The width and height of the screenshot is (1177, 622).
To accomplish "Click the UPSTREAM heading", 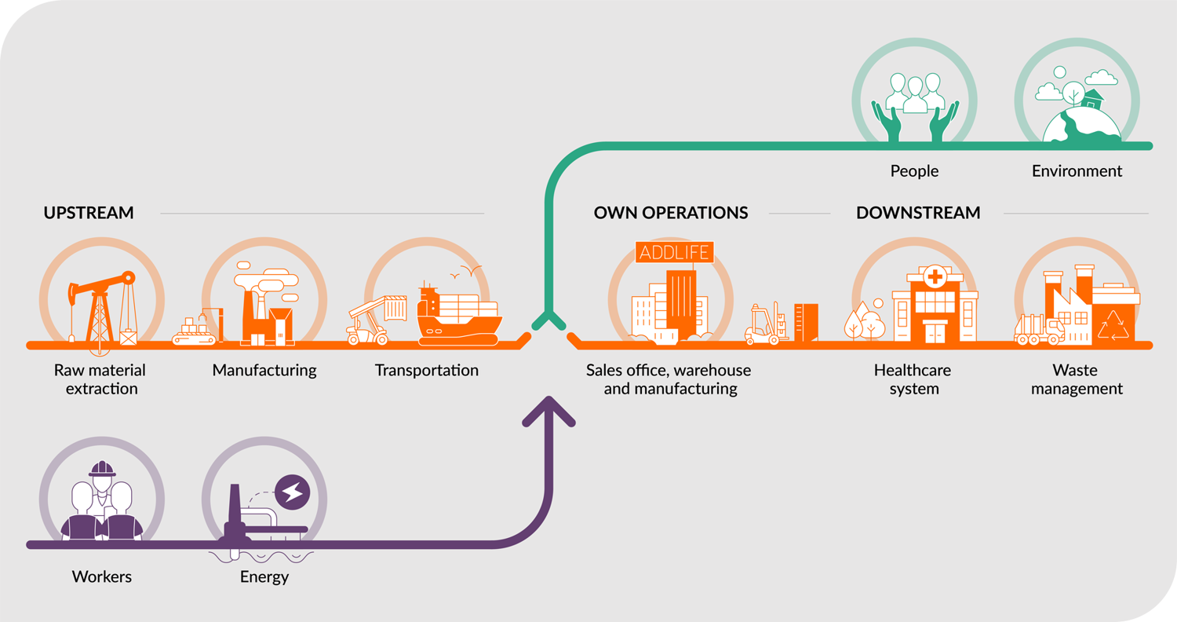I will coord(89,213).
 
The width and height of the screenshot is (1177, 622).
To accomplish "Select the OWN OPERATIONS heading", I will coord(671,213).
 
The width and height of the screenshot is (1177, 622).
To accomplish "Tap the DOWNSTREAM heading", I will coord(918,213).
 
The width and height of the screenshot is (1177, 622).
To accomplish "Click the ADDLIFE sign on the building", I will coord(675,252).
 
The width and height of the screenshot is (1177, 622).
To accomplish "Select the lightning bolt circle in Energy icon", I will coord(293,492).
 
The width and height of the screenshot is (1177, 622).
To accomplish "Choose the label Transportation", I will coord(427,370).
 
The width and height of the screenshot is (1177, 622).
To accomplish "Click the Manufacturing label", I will coord(264,370).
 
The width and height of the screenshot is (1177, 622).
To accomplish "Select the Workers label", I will coord(102,577).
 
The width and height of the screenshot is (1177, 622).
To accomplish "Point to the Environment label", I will coord(1077,170).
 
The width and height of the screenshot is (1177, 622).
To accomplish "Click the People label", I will coord(914,170).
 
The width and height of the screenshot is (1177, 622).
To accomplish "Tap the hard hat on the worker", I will coord(102,469).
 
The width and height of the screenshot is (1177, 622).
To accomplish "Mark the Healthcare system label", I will coord(914,379).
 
